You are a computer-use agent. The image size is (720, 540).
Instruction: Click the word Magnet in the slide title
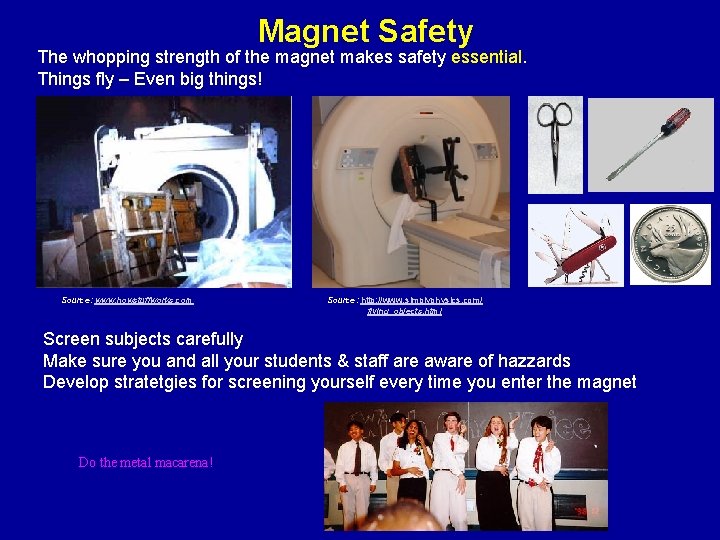[313, 31]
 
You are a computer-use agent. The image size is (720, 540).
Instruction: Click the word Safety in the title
[425, 31]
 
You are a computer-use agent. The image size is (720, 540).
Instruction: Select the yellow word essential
[487, 57]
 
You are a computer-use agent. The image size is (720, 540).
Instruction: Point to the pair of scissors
[555, 143]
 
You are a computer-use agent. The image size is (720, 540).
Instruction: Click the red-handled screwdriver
[649, 144]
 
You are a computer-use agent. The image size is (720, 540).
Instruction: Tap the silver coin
[669, 245]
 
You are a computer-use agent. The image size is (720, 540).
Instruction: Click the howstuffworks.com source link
[142, 300]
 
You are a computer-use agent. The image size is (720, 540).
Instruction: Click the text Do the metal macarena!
[146, 462]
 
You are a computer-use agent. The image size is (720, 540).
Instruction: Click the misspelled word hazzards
[533, 360]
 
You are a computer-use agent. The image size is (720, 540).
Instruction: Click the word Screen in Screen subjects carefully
[73, 339]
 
